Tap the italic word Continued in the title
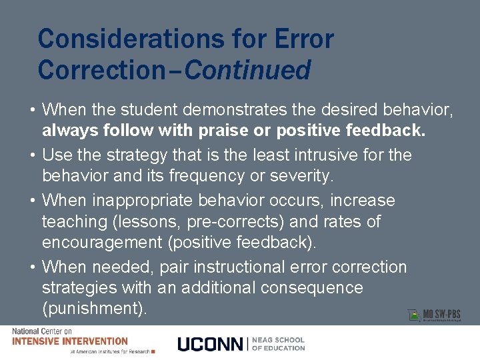click(x=247, y=69)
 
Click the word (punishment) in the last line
click(x=95, y=309)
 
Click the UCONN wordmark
click(x=211, y=344)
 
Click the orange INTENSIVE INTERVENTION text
click(x=70, y=341)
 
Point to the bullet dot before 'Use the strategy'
click(x=33, y=155)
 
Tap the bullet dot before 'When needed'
click(x=33, y=267)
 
